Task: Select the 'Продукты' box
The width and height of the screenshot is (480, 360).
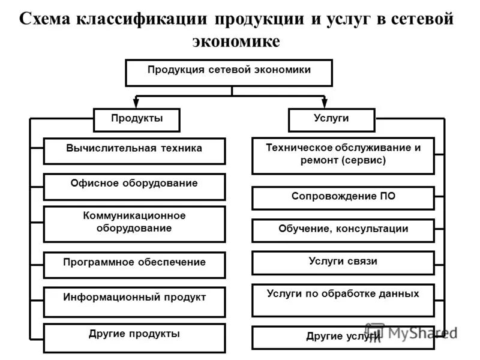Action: click(x=137, y=119)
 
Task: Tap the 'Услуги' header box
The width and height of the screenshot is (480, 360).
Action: click(x=331, y=119)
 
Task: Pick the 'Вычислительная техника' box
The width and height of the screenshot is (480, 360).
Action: click(x=134, y=151)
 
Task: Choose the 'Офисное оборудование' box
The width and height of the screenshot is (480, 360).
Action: click(x=134, y=186)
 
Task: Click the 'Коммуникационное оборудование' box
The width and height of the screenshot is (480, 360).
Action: click(x=134, y=224)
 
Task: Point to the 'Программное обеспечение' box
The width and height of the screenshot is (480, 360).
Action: click(x=134, y=265)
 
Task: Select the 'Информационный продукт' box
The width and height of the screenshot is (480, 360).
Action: click(x=134, y=301)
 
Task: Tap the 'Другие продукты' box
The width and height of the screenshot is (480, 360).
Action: click(x=134, y=337)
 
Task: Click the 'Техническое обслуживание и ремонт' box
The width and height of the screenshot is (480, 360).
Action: click(x=343, y=155)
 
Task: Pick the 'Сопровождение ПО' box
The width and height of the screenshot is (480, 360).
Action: click(x=343, y=198)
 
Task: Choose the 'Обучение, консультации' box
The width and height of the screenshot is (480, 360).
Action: click(x=343, y=230)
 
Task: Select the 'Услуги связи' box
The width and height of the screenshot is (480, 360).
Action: click(x=343, y=263)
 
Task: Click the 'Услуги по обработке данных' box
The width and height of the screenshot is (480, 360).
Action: click(x=343, y=300)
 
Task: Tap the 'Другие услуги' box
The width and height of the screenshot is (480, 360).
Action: click(x=343, y=337)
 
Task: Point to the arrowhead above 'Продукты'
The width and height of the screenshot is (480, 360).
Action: click(x=137, y=104)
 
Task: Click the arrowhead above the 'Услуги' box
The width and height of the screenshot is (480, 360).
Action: click(x=325, y=104)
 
